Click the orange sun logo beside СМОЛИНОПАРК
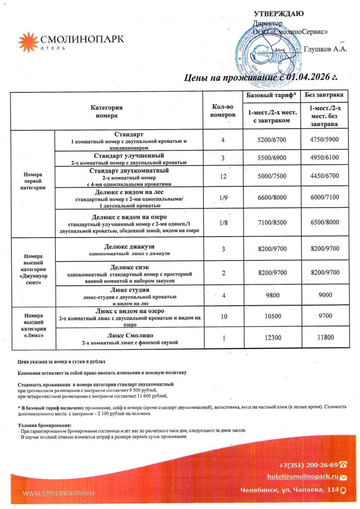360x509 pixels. pos(28,42)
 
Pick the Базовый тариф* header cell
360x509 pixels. pos(271,94)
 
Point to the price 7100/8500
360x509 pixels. pos(272,223)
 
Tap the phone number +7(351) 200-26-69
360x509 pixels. pos(308,465)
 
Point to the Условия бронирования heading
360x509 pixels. pos(44,425)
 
